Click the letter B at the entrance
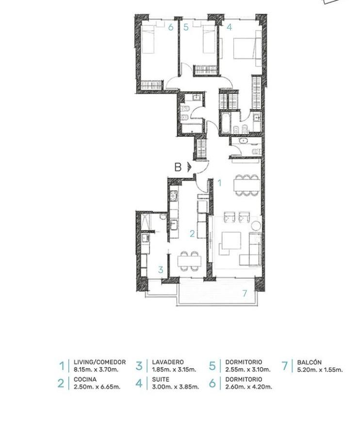point(178,167)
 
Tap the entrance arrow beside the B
point(189,167)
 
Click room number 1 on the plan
point(219,183)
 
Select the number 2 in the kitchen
point(193,234)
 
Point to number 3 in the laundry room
point(161,270)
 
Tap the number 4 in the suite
point(229,27)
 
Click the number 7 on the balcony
point(245,293)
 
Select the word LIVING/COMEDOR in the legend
point(99,362)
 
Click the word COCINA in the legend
point(85,379)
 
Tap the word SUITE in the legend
point(161,379)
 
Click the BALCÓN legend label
point(310,362)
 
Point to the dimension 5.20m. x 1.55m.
point(320,370)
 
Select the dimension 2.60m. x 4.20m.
point(248,387)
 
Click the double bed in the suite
point(247,49)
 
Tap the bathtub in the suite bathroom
point(225,122)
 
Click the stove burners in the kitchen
point(174,196)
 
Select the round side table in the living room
point(256,226)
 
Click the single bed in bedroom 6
point(148,39)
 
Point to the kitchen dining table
point(189,261)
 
